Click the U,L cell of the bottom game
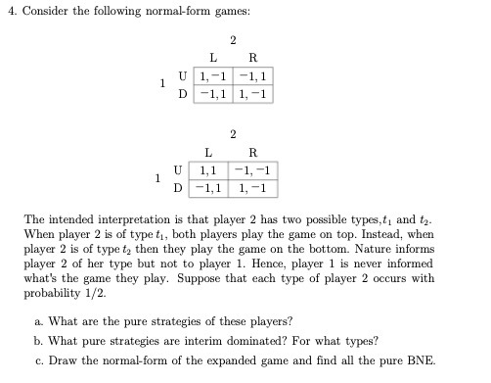coord(208,169)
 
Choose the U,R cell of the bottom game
coord(253,169)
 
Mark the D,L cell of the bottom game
coord(208,186)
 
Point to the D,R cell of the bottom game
coord(253,186)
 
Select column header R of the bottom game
coord(253,152)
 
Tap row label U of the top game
coord(183,76)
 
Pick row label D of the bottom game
coord(177,186)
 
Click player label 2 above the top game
coord(233,40)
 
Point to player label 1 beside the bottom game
coord(156,177)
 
